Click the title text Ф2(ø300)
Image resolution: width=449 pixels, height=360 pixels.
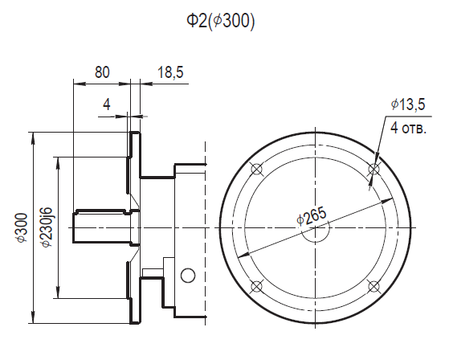[x=220, y=22]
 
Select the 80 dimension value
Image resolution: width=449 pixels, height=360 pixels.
[x=102, y=72]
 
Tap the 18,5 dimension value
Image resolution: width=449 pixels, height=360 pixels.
[x=170, y=72]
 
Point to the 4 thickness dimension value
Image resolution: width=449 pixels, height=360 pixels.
[x=107, y=104]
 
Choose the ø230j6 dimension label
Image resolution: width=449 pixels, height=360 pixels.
[x=47, y=227]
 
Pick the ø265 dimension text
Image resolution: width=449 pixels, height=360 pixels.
[x=312, y=216]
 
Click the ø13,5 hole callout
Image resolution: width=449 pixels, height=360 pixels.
[x=408, y=104]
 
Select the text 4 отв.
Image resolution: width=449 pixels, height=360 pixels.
[x=409, y=128]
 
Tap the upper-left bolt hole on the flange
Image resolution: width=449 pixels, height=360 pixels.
[x=256, y=169]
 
